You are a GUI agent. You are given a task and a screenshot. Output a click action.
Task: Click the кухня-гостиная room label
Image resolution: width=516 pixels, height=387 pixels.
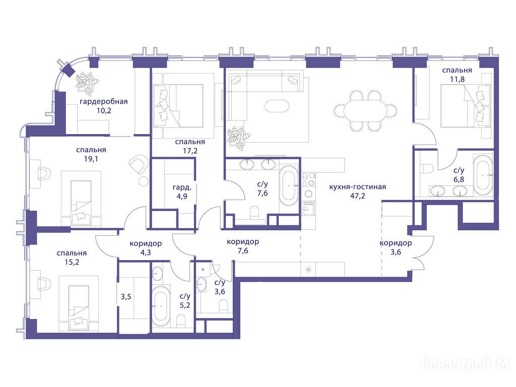click(x=357, y=187)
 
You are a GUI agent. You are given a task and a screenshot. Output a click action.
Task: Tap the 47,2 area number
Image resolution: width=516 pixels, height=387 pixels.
click(x=358, y=196)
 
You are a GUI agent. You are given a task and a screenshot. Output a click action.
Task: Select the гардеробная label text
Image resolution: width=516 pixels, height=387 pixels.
click(x=104, y=102)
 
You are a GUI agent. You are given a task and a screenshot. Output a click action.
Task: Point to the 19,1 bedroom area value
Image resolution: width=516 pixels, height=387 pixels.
click(x=91, y=159)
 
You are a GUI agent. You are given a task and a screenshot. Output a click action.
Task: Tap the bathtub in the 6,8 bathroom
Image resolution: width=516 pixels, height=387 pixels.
click(x=483, y=173)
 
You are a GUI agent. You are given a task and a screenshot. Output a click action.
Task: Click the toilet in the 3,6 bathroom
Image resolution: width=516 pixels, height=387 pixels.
click(x=223, y=307)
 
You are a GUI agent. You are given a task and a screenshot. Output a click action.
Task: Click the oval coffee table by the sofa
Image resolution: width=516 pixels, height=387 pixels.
click(x=277, y=106)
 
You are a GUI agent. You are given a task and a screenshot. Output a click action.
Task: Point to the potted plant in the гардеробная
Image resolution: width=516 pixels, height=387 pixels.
click(x=88, y=82)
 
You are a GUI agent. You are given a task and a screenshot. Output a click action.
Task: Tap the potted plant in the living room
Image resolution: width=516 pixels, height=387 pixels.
click(x=238, y=136)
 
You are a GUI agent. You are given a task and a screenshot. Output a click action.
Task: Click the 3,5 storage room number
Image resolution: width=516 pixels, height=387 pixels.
click(x=126, y=297)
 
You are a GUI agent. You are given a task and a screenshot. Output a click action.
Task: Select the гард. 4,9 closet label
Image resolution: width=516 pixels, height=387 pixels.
click(x=181, y=192)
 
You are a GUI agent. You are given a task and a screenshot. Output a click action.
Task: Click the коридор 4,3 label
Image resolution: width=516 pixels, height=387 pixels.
click(x=146, y=248)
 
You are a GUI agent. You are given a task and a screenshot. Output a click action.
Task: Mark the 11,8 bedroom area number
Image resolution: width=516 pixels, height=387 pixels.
click(x=457, y=79)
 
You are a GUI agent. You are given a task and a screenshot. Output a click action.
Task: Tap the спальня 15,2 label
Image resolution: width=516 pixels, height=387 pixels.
click(x=72, y=257)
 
